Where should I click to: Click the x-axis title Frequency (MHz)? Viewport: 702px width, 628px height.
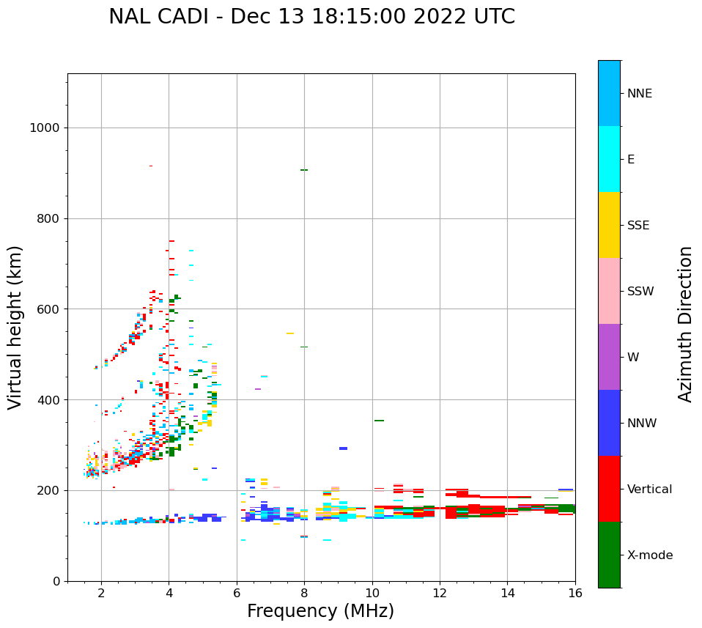pyautogui.click(x=320, y=611)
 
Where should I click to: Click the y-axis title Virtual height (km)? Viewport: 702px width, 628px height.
pyautogui.click(x=15, y=328)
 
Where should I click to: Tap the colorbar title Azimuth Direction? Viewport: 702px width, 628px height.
pyautogui.click(x=685, y=324)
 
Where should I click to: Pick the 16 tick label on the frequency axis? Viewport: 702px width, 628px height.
pyautogui.click(x=575, y=593)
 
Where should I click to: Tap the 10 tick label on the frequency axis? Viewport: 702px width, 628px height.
pyautogui.click(x=372, y=593)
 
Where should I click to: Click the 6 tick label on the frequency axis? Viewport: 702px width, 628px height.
pyautogui.click(x=237, y=593)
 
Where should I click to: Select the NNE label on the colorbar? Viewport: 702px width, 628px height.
pyautogui.click(x=639, y=94)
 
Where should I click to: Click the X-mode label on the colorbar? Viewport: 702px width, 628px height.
pyautogui.click(x=650, y=555)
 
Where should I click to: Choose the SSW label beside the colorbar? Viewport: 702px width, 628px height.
pyautogui.click(x=640, y=292)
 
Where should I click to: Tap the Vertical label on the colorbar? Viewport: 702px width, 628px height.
pyautogui.click(x=649, y=490)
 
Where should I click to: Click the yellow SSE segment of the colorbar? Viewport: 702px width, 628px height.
pyautogui.click(x=609, y=225)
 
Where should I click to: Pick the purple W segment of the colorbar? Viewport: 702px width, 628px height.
pyautogui.click(x=609, y=357)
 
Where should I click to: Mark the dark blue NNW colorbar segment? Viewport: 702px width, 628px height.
pyautogui.click(x=609, y=423)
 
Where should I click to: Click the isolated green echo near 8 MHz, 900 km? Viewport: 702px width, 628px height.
pyautogui.click(x=303, y=170)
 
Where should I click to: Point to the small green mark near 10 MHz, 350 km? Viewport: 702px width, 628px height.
pyautogui.click(x=379, y=421)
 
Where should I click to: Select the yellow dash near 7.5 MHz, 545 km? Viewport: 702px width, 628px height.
pyautogui.click(x=290, y=333)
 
